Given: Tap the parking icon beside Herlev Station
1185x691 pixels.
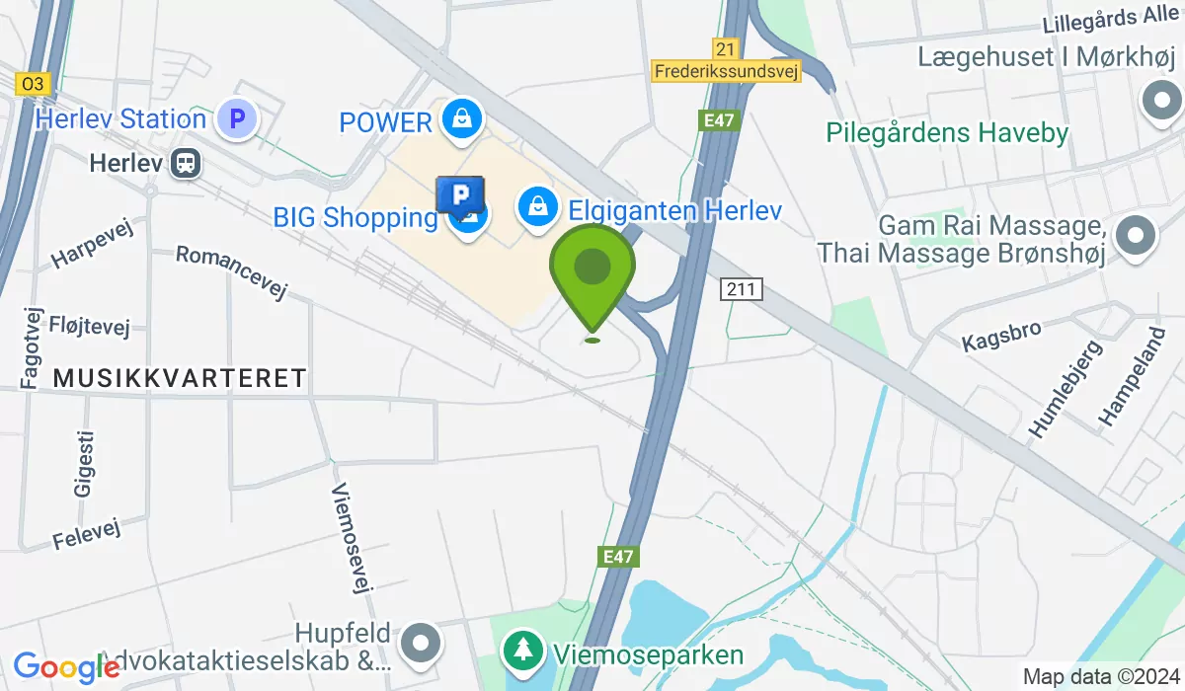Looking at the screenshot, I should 236,120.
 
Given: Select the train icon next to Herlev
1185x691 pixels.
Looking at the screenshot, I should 184,163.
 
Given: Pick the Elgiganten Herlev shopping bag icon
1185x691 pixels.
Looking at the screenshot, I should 535,207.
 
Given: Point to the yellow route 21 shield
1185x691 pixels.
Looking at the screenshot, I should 725,47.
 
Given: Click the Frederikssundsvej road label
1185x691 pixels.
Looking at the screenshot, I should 727,70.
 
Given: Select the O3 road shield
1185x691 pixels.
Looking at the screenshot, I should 33,85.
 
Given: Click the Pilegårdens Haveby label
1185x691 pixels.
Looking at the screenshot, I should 948,132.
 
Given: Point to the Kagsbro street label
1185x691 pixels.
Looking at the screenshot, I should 1002,335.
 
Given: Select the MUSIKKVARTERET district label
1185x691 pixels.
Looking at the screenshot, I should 180,377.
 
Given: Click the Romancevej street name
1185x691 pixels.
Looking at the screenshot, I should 230,271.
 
